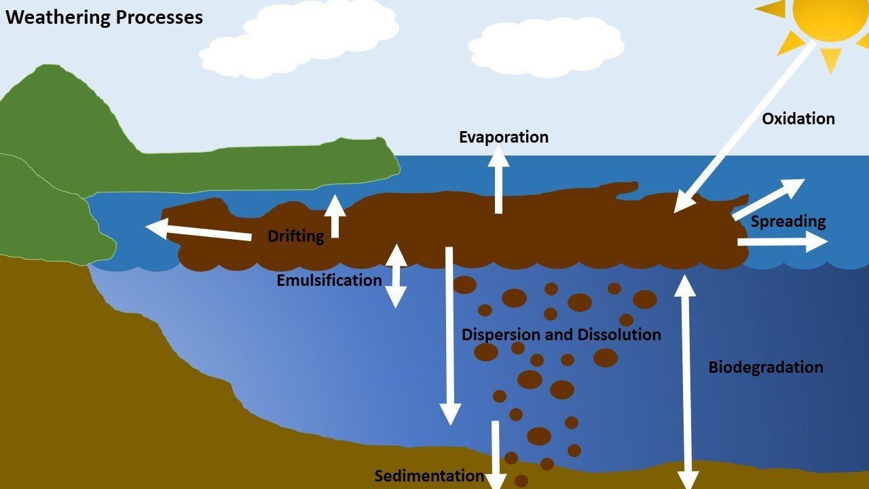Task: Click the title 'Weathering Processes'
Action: [105, 18]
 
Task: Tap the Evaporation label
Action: [504, 137]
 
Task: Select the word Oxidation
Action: [798, 119]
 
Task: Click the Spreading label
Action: [788, 221]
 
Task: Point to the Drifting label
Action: [296, 236]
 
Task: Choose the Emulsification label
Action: [329, 280]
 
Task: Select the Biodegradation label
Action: [766, 367]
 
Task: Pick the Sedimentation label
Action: [430, 476]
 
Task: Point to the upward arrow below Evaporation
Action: [498, 180]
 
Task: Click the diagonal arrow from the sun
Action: [745, 127]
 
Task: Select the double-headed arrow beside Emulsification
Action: [396, 276]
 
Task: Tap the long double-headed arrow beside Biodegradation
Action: [686, 382]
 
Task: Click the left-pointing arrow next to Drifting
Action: [198, 230]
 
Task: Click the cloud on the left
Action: [299, 38]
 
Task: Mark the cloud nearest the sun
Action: [547, 47]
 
